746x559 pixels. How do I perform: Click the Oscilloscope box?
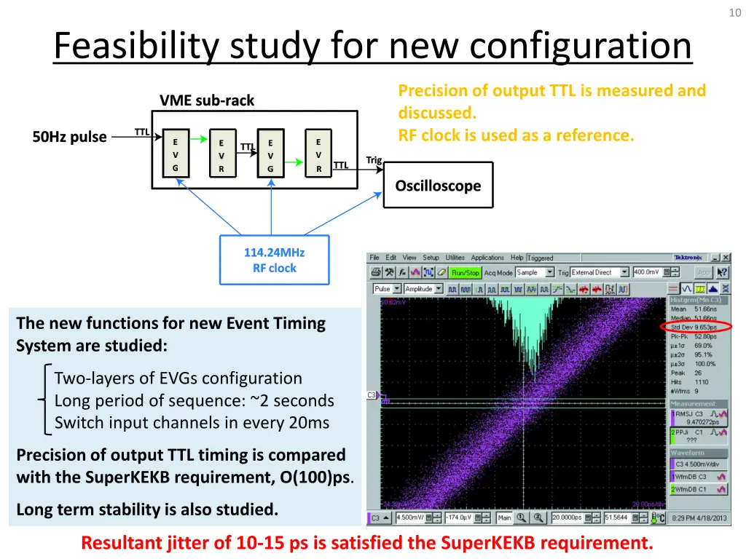click(x=438, y=186)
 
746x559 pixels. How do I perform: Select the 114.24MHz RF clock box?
click(x=275, y=261)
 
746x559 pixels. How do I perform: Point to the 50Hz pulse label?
click(x=69, y=137)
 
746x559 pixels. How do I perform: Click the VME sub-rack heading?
click(x=207, y=100)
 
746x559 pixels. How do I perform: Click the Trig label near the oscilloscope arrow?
click(x=374, y=160)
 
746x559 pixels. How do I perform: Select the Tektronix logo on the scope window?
click(x=688, y=258)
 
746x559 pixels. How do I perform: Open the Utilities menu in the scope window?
click(x=455, y=258)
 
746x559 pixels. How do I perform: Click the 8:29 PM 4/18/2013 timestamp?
click(x=699, y=518)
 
